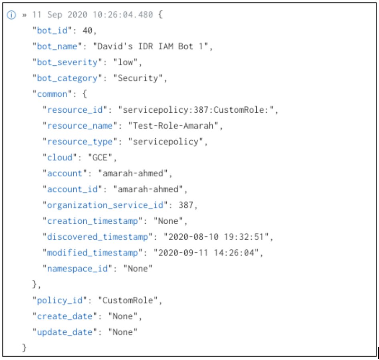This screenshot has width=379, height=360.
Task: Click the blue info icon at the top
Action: click(12, 15)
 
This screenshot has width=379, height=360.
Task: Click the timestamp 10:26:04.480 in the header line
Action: click(128, 15)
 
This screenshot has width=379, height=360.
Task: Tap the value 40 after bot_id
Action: click(89, 30)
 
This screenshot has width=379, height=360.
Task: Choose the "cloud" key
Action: click(60, 158)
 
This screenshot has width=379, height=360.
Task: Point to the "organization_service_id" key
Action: click(106, 205)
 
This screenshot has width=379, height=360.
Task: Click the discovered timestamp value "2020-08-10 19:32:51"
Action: click(216, 237)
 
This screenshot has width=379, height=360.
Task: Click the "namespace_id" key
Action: click(77, 269)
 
